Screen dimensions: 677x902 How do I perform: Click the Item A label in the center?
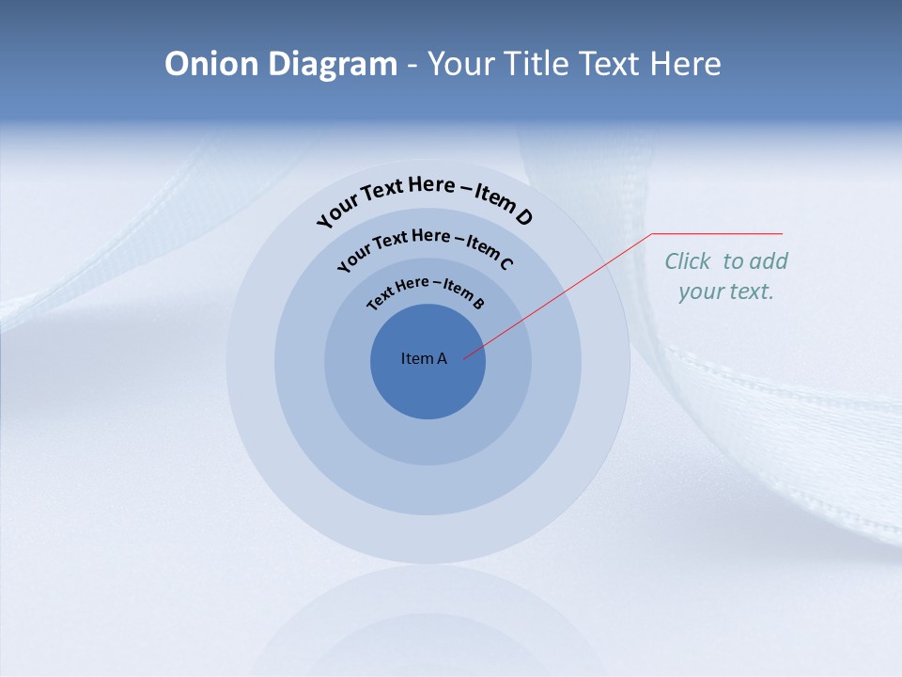[x=424, y=358]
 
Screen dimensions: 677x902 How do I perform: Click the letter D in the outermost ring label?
[x=523, y=217]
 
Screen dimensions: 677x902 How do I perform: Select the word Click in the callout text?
[x=688, y=261]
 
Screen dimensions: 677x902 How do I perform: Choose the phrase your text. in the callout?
[x=726, y=291]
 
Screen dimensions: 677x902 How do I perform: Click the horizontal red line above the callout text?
[x=717, y=234]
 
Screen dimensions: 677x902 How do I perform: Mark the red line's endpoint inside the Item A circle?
[x=464, y=357]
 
